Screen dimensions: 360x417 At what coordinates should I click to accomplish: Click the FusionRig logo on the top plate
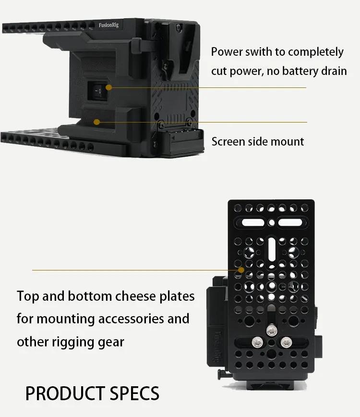108,25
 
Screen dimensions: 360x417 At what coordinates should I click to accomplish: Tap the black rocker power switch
98,91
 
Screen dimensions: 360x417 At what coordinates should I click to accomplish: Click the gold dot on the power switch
108,87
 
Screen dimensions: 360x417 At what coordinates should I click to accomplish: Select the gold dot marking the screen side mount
96,122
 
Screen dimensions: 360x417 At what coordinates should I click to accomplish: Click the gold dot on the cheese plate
241,270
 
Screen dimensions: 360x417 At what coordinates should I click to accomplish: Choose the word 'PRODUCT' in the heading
65,393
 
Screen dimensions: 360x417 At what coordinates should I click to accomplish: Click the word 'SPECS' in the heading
134,393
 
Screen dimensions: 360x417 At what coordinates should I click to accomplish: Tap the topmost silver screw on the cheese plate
272,331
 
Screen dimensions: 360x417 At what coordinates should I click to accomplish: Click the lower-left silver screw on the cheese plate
257,342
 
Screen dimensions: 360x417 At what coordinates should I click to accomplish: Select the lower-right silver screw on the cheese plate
286,342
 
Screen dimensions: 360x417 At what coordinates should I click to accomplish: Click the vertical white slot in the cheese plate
272,249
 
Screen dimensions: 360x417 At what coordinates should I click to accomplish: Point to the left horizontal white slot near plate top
252,222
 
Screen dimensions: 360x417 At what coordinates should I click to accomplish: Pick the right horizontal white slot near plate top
290,222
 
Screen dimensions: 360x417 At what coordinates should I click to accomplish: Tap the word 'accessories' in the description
126,319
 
